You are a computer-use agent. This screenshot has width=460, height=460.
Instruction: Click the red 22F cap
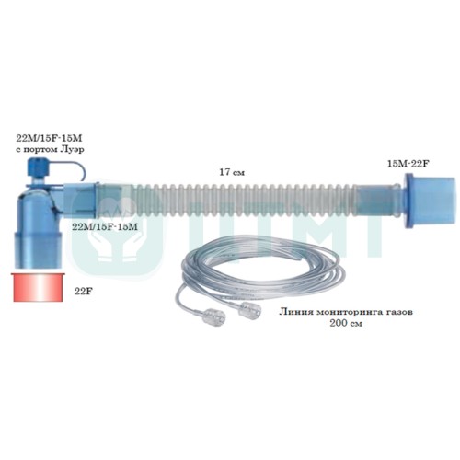[39, 287]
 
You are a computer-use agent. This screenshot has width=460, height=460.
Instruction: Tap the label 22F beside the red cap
[84, 292]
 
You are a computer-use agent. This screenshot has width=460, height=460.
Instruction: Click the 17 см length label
[232, 172]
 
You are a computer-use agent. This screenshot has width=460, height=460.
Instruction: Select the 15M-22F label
[408, 164]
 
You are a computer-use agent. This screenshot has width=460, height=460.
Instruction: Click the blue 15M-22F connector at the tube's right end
[430, 201]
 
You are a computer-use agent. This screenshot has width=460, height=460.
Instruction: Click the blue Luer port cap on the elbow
[37, 167]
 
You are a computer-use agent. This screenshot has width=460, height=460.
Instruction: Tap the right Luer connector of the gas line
[251, 311]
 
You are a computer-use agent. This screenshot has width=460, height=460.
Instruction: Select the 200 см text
[346, 324]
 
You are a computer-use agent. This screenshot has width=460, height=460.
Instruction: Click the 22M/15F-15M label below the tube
[105, 227]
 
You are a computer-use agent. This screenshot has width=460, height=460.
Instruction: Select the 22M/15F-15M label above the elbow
[49, 139]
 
